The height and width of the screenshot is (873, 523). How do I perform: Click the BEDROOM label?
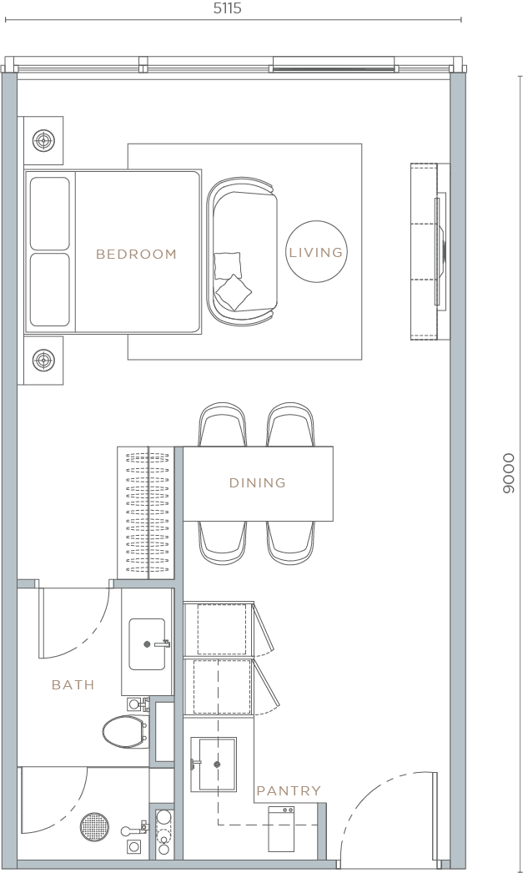136,254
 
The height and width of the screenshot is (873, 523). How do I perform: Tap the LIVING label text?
315,252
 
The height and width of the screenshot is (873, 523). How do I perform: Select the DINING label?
257,482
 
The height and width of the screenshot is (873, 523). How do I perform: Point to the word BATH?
73,684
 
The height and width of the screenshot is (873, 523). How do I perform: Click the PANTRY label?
288,790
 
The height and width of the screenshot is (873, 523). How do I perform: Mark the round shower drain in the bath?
94,827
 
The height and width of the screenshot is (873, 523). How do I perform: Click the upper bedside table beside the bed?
43,140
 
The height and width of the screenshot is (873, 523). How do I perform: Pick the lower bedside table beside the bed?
43,361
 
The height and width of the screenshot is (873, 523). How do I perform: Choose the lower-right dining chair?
292,542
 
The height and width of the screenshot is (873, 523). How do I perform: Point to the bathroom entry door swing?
75,626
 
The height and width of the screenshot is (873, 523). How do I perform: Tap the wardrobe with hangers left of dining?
146,512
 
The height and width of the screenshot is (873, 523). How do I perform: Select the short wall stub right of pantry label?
321,830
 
